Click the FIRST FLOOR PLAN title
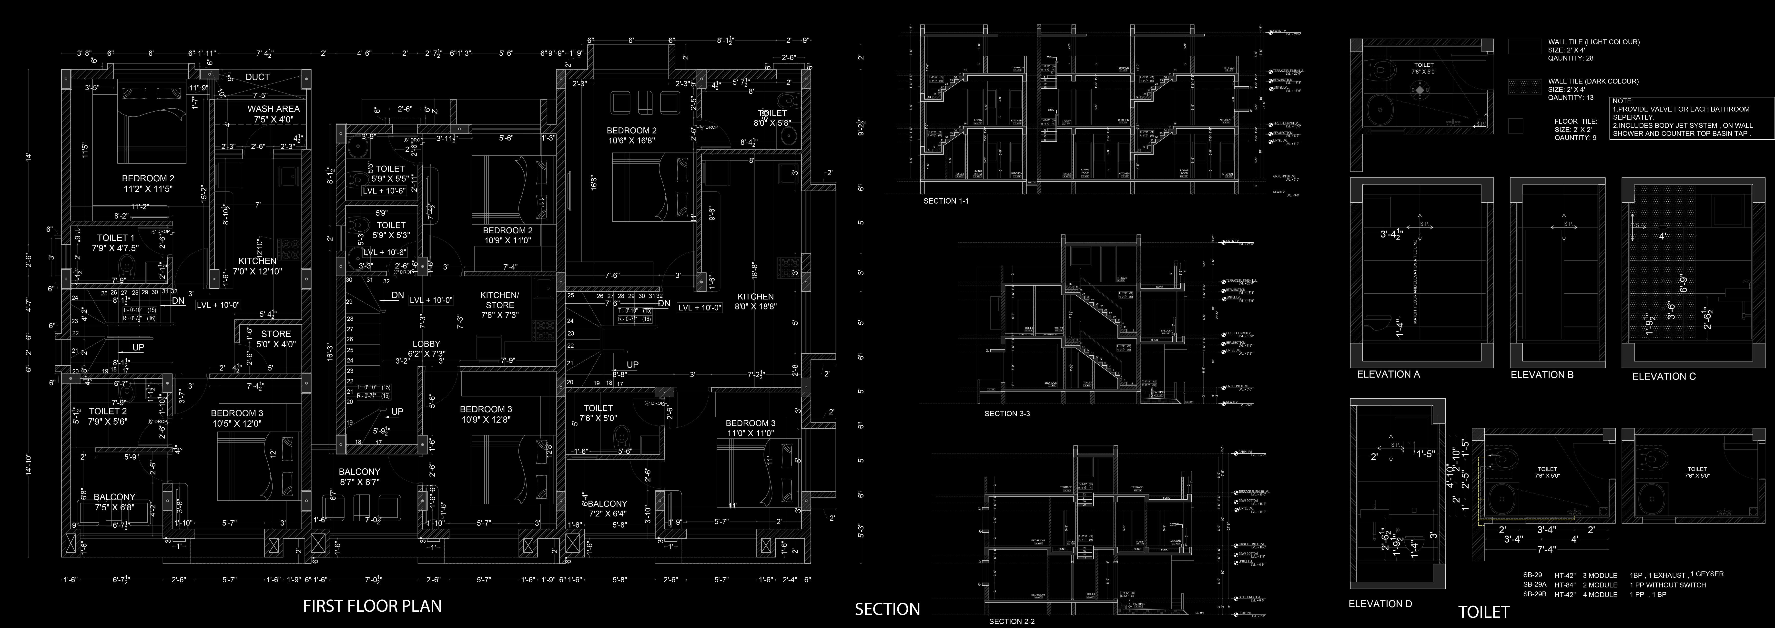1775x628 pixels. tap(372, 606)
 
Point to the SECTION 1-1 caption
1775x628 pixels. tap(950, 201)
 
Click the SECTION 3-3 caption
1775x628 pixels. tap(1007, 414)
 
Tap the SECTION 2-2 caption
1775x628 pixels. tap(1012, 621)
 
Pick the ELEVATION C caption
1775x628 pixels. tap(1663, 376)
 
